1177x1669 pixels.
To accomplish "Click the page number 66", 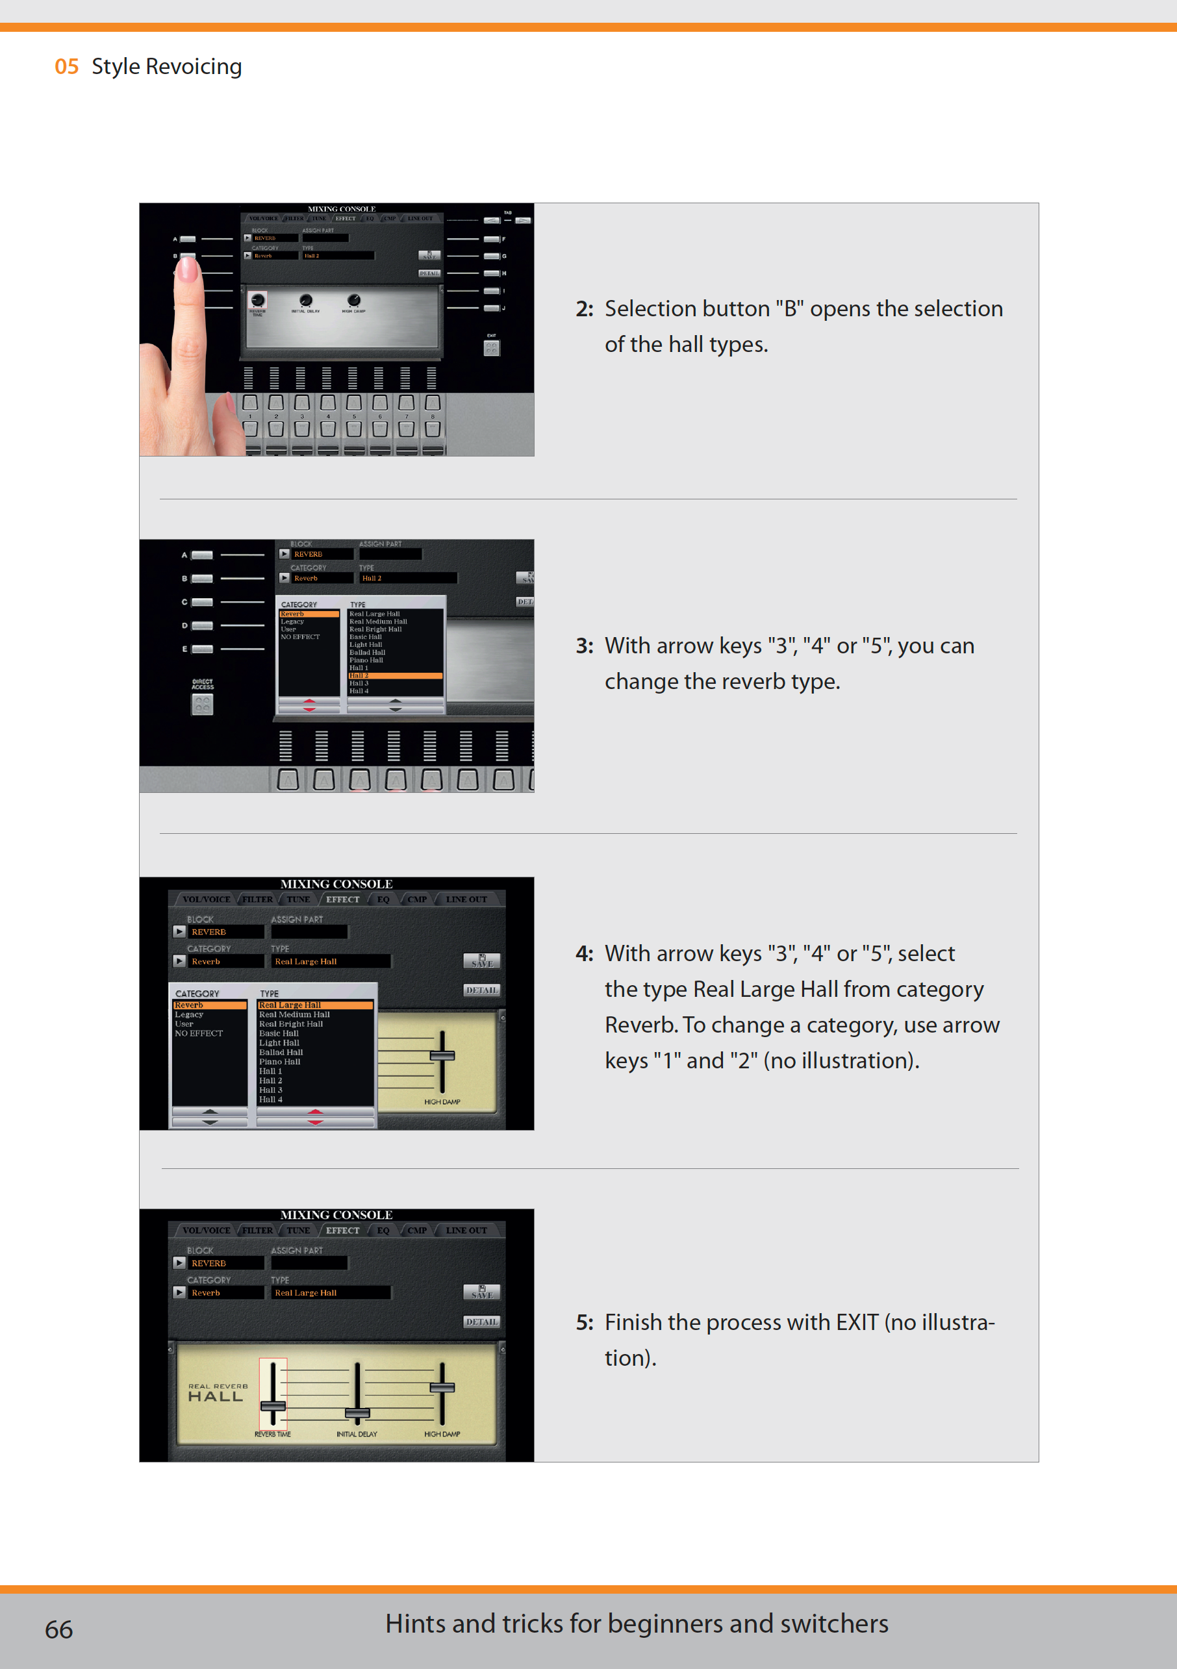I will tap(58, 1630).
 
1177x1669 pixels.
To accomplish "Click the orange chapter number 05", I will tap(66, 67).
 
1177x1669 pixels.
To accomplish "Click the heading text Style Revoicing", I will tap(166, 67).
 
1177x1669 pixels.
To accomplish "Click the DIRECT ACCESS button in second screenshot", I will tap(202, 704).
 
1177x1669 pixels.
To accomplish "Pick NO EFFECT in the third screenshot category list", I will tap(199, 1033).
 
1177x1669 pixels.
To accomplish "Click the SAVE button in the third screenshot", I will tap(481, 961).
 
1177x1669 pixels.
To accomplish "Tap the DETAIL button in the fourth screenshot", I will tap(481, 1322).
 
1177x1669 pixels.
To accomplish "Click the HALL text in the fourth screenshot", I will tap(215, 1396).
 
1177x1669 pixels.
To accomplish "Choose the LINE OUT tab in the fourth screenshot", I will tap(466, 1230).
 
